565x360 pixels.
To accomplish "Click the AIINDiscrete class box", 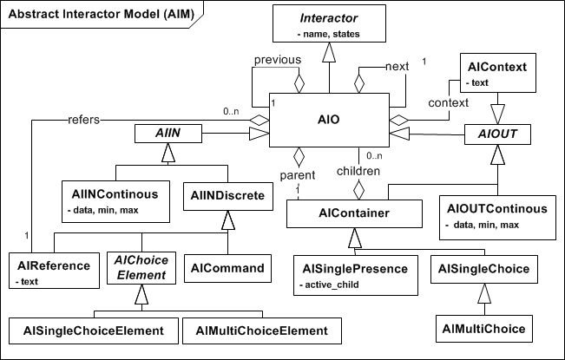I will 228,197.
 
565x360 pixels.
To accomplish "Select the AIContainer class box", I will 353,213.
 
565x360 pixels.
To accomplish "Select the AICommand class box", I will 228,268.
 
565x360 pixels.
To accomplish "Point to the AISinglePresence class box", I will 355,274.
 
